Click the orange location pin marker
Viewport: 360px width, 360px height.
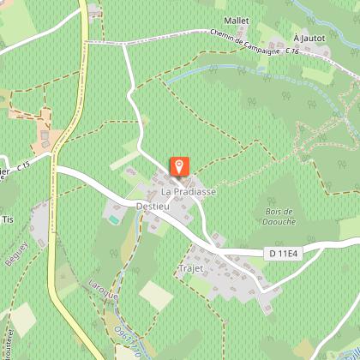tap(180, 166)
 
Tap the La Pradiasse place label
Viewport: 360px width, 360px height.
tap(188, 192)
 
